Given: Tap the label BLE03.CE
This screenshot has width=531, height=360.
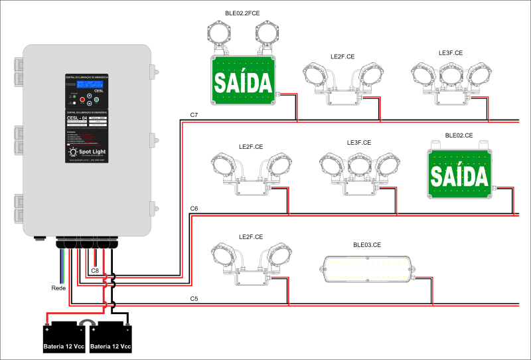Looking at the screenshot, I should pos(366,245).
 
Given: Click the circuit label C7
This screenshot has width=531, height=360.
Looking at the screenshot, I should pos(194,116).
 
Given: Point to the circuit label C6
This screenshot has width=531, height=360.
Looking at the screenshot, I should pos(194,209).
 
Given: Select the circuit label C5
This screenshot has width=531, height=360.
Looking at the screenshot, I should pos(194,299).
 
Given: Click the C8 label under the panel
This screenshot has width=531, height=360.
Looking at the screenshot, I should pos(95,270).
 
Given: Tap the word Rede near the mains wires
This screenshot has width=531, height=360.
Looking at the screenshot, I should pos(58,288).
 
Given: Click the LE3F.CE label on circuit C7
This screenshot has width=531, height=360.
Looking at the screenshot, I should pos(451,52).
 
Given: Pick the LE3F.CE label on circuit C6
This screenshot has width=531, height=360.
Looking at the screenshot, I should pos(359,143).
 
